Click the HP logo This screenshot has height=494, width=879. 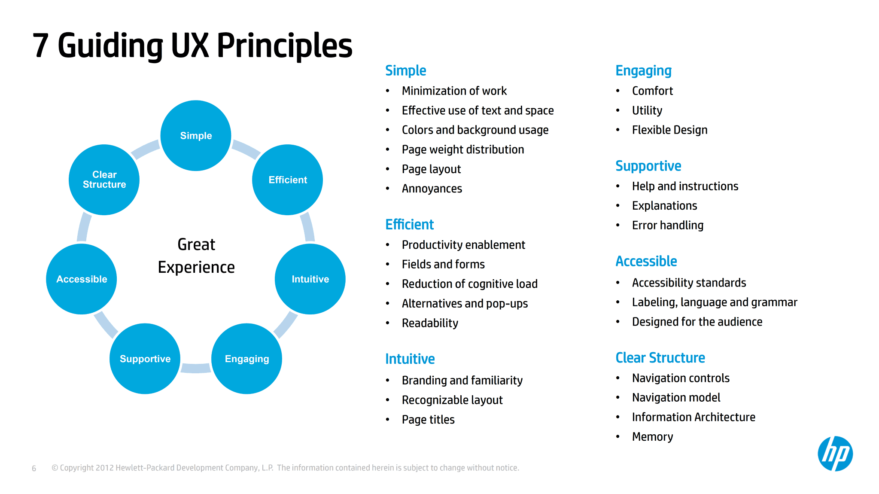click(x=835, y=454)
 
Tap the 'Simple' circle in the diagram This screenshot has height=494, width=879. click(x=196, y=136)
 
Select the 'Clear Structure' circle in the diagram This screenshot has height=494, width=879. click(x=104, y=180)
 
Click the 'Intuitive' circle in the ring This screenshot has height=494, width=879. click(x=310, y=279)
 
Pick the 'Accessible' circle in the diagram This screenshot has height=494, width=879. click(x=82, y=279)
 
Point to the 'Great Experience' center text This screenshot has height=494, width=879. click(x=196, y=256)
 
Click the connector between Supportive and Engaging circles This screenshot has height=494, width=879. click(x=196, y=368)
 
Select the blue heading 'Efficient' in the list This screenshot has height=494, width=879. click(x=409, y=224)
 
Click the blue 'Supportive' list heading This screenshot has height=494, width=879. click(x=648, y=166)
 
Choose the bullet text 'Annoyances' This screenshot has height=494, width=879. click(x=432, y=189)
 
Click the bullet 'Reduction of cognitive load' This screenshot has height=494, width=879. click(x=469, y=284)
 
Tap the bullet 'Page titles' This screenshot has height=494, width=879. click(x=428, y=420)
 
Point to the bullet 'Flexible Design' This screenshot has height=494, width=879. click(x=669, y=130)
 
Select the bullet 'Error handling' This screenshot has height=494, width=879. click(x=667, y=225)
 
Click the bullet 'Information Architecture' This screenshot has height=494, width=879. click(x=693, y=417)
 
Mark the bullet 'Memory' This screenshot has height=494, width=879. click(x=652, y=437)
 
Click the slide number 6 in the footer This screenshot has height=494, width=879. click(x=34, y=468)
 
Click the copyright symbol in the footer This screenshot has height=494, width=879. click(x=55, y=468)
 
